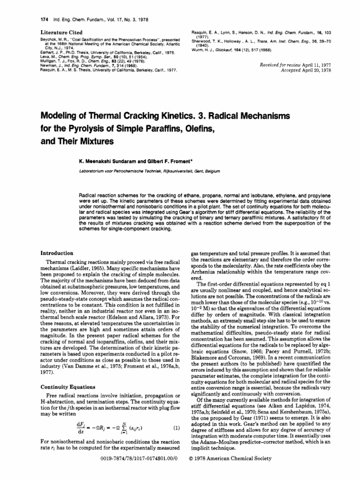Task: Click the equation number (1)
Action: [x=177, y=441]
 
